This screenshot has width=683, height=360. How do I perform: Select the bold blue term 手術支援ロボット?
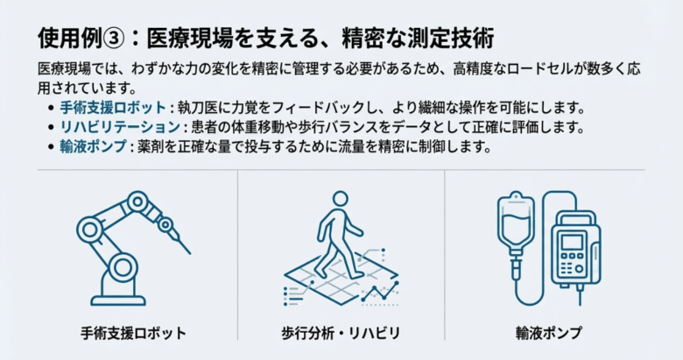pyautogui.click(x=112, y=108)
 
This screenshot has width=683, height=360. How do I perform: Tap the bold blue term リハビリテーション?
pyautogui.click(x=119, y=127)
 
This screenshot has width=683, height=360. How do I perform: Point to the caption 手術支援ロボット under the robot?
pyautogui.click(x=132, y=333)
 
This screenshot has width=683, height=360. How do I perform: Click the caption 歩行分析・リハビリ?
pyautogui.click(x=341, y=333)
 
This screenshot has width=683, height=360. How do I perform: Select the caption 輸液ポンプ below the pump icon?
pyautogui.click(x=549, y=333)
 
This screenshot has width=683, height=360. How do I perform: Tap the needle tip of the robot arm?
pyautogui.click(x=187, y=241)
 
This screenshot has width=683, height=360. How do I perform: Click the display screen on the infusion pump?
pyautogui.click(x=573, y=243)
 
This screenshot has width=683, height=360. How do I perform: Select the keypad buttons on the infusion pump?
pyautogui.click(x=574, y=265)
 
